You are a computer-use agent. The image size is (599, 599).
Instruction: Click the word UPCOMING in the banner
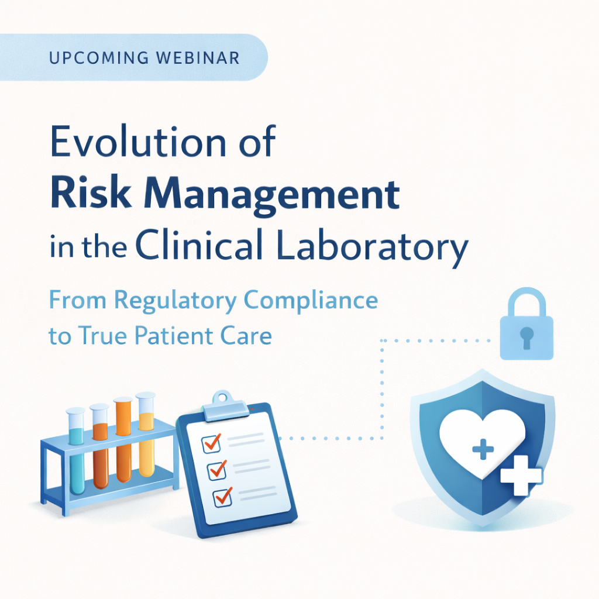pyautogui.click(x=99, y=58)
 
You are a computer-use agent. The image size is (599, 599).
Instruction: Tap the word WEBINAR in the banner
pyautogui.click(x=198, y=58)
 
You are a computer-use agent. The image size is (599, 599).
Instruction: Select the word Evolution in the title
pyautogui.click(x=139, y=141)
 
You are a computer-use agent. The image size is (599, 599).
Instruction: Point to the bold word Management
pyautogui.click(x=272, y=195)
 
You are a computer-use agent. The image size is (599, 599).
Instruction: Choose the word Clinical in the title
pyautogui.click(x=199, y=245)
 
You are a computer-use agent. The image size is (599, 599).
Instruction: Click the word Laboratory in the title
pyautogui.click(x=372, y=247)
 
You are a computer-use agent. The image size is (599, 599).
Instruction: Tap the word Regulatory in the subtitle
pyautogui.click(x=175, y=301)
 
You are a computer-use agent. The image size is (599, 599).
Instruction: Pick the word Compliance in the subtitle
pyautogui.click(x=311, y=301)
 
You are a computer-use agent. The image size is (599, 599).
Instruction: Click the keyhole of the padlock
pyautogui.click(x=527, y=338)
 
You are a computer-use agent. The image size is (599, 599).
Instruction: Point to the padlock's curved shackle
pyautogui.click(x=527, y=302)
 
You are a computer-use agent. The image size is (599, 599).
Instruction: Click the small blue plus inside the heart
pyautogui.click(x=483, y=449)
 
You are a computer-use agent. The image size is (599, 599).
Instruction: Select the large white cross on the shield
pyautogui.click(x=521, y=476)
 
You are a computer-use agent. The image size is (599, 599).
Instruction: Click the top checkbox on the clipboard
pyautogui.click(x=211, y=444)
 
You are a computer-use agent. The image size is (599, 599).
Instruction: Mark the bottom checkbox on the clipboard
pyautogui.click(x=223, y=497)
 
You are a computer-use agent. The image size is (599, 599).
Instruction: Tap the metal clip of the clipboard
pyautogui.click(x=225, y=407)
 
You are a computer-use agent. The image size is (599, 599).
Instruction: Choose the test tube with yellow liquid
pyautogui.click(x=146, y=435)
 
